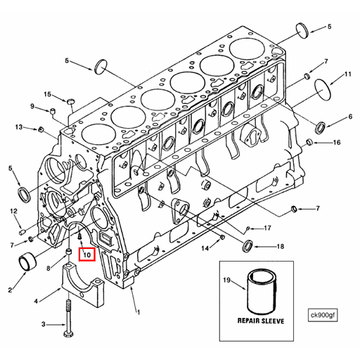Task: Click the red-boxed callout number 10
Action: [87, 255]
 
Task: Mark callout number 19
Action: [227, 281]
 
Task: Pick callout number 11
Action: [347, 75]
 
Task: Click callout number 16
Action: [337, 143]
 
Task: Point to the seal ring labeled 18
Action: [247, 246]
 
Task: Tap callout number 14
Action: [205, 248]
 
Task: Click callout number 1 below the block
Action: [139, 311]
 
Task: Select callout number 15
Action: [48, 94]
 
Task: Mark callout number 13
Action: [19, 127]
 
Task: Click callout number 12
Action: [13, 211]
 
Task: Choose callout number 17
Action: [267, 229]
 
